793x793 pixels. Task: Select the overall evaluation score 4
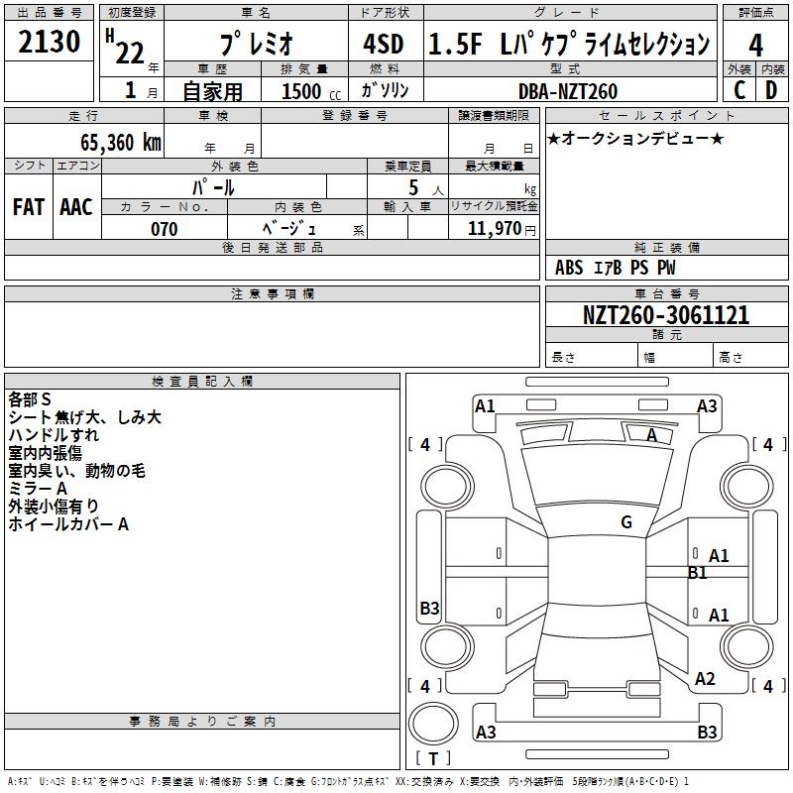pos(755,45)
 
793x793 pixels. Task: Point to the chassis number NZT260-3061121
pos(665,315)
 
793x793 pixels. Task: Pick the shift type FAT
pos(28,207)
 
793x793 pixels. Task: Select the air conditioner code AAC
pos(75,207)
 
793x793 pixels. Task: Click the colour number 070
pos(164,229)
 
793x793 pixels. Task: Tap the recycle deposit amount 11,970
pos(493,229)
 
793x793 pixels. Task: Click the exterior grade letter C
pos(738,90)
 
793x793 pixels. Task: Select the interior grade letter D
pos(771,90)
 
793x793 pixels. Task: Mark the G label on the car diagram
pos(626,522)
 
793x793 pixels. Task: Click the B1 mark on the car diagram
pos(698,573)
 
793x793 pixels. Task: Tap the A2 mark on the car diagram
pos(705,679)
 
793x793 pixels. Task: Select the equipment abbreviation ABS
pos(569,268)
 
